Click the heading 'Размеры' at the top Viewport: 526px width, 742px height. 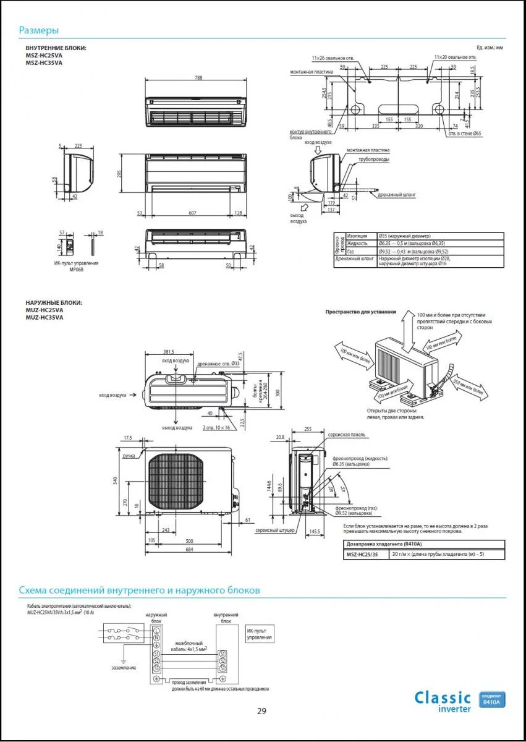click(x=38, y=30)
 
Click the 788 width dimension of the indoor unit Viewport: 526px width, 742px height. click(x=198, y=78)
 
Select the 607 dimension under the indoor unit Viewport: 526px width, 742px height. click(x=193, y=213)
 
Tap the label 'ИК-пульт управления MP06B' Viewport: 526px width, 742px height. click(x=77, y=266)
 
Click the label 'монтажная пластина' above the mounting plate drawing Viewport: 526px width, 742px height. click(x=311, y=72)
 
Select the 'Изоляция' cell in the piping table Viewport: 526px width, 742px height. click(x=357, y=236)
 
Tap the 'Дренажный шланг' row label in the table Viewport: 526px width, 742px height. click(x=354, y=258)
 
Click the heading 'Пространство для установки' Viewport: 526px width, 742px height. click(x=360, y=312)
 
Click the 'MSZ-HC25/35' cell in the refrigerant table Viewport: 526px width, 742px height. click(x=364, y=554)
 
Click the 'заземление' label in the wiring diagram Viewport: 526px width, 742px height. click(x=124, y=668)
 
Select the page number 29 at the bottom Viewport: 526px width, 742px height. click(x=262, y=711)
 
